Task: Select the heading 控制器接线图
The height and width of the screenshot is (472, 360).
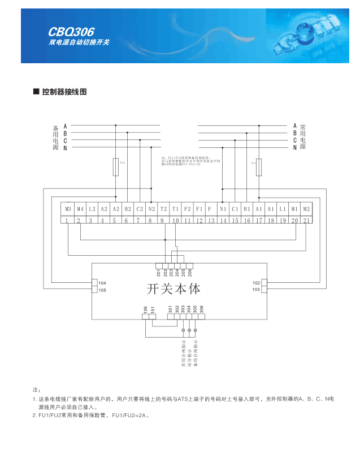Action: coord(64,91)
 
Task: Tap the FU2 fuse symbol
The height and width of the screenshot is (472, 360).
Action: coord(116,166)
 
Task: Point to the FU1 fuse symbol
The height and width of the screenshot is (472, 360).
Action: coord(259,167)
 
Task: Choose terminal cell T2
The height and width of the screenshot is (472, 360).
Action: coord(163,209)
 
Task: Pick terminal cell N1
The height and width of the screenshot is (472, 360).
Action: coord(223,209)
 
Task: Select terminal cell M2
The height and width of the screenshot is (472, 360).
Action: coord(306,209)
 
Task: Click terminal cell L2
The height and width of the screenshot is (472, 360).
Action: coord(92,209)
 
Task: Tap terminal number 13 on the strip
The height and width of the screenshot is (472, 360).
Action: coord(211,221)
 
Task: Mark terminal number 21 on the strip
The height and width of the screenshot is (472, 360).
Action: coord(306,221)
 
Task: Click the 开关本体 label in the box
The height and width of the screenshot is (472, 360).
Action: coord(174,289)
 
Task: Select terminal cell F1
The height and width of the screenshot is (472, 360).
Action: coord(199,209)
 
